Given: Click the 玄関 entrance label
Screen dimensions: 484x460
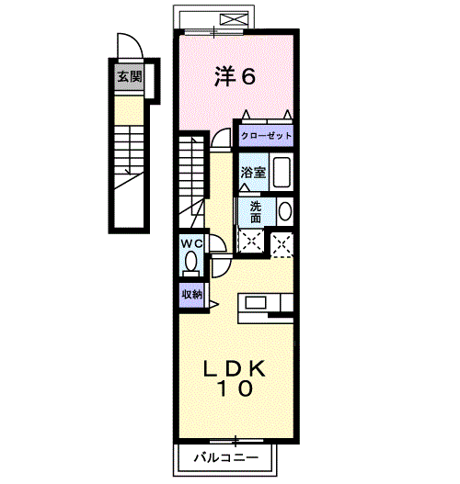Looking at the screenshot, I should click(x=129, y=77).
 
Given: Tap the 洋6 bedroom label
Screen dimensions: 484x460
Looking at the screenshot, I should click(x=236, y=76).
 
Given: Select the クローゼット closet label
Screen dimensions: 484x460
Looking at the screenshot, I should click(x=266, y=135).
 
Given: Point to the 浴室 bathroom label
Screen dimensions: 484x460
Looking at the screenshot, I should click(x=252, y=172).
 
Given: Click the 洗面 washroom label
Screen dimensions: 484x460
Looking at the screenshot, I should click(x=255, y=211).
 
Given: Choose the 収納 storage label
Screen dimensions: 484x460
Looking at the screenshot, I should click(x=190, y=294).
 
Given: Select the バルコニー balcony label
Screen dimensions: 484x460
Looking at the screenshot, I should click(x=225, y=456).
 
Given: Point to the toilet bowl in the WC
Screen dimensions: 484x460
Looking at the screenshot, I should click(x=191, y=263).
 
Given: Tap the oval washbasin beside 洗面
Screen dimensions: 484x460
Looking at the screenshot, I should click(x=284, y=211).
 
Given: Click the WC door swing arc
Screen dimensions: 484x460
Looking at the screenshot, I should click(x=219, y=244).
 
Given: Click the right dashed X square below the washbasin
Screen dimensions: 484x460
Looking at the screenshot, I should click(x=282, y=242).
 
